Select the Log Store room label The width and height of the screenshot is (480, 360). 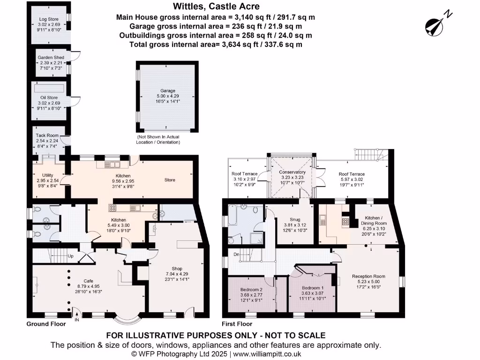point(49,20)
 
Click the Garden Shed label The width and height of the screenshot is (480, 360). point(51,58)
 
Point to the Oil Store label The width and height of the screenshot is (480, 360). point(49,97)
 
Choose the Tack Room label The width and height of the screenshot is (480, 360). point(47,135)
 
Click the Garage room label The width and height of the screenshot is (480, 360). point(167,91)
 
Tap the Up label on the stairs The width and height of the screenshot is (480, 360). point(71,256)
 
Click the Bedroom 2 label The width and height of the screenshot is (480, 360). point(252,289)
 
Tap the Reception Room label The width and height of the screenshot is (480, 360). point(368,277)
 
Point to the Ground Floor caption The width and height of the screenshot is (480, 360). point(45,324)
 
